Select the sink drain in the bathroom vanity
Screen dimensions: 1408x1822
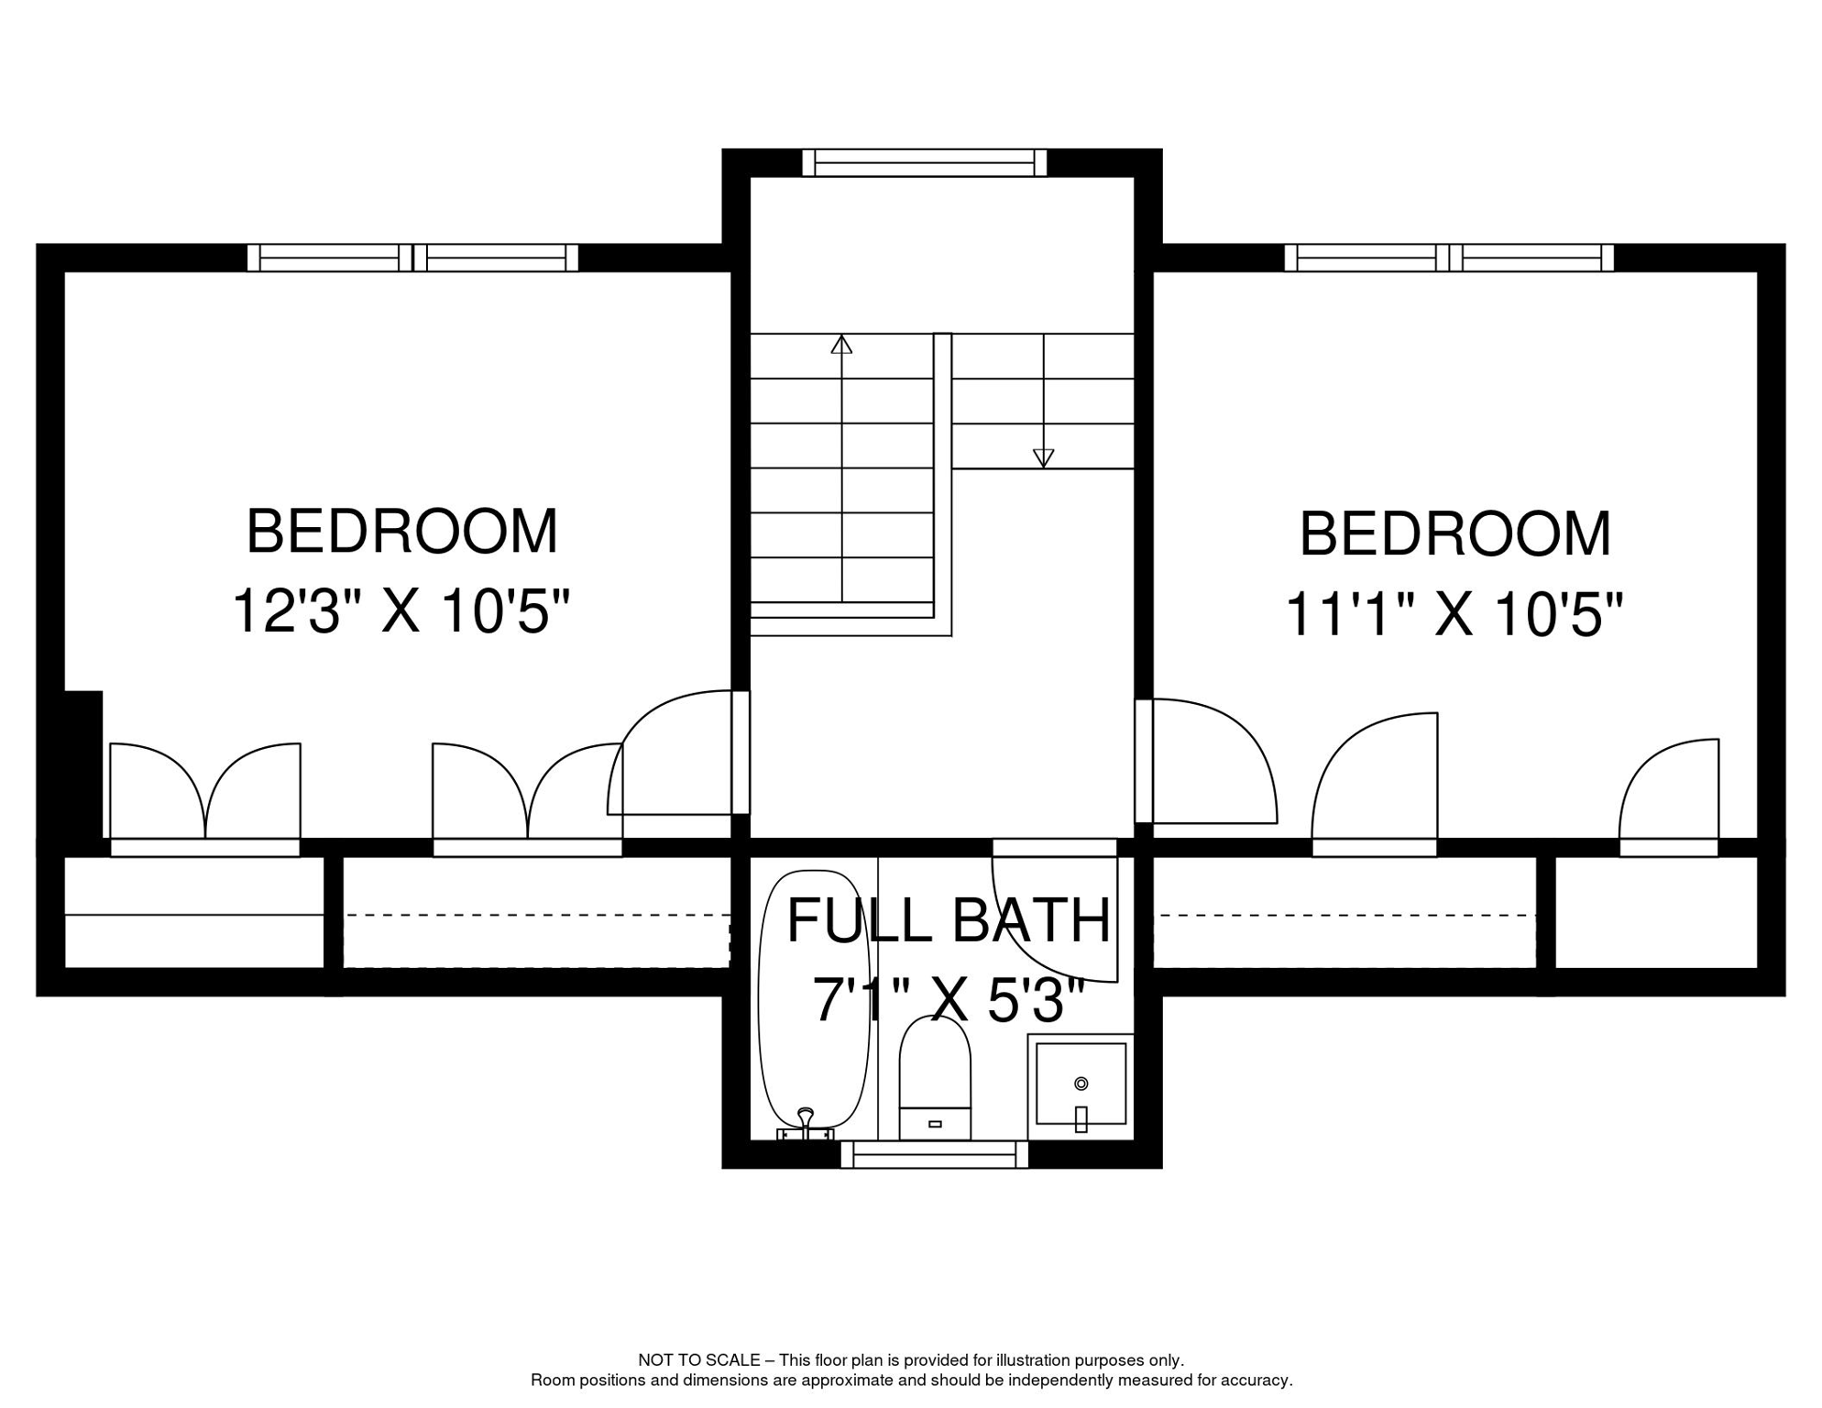pyautogui.click(x=1081, y=1083)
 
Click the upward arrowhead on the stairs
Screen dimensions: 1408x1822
pyautogui.click(x=841, y=345)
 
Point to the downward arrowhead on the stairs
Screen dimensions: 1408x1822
pyautogui.click(x=1043, y=457)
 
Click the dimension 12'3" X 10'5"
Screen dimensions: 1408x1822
pyautogui.click(x=401, y=610)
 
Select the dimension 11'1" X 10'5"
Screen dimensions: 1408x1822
pyautogui.click(x=1454, y=614)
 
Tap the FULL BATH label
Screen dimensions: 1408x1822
pyautogui.click(x=949, y=920)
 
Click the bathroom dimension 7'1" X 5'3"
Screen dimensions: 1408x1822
pyautogui.click(x=949, y=999)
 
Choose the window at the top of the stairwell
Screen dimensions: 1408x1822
pyautogui.click(x=924, y=163)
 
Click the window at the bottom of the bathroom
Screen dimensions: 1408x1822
pyautogui.click(x=934, y=1155)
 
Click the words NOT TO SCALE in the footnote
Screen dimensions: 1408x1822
pyautogui.click(x=698, y=1360)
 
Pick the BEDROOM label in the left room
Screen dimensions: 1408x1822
pyautogui.click(x=401, y=532)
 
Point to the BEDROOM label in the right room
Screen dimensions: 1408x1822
pyautogui.click(x=1454, y=534)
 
